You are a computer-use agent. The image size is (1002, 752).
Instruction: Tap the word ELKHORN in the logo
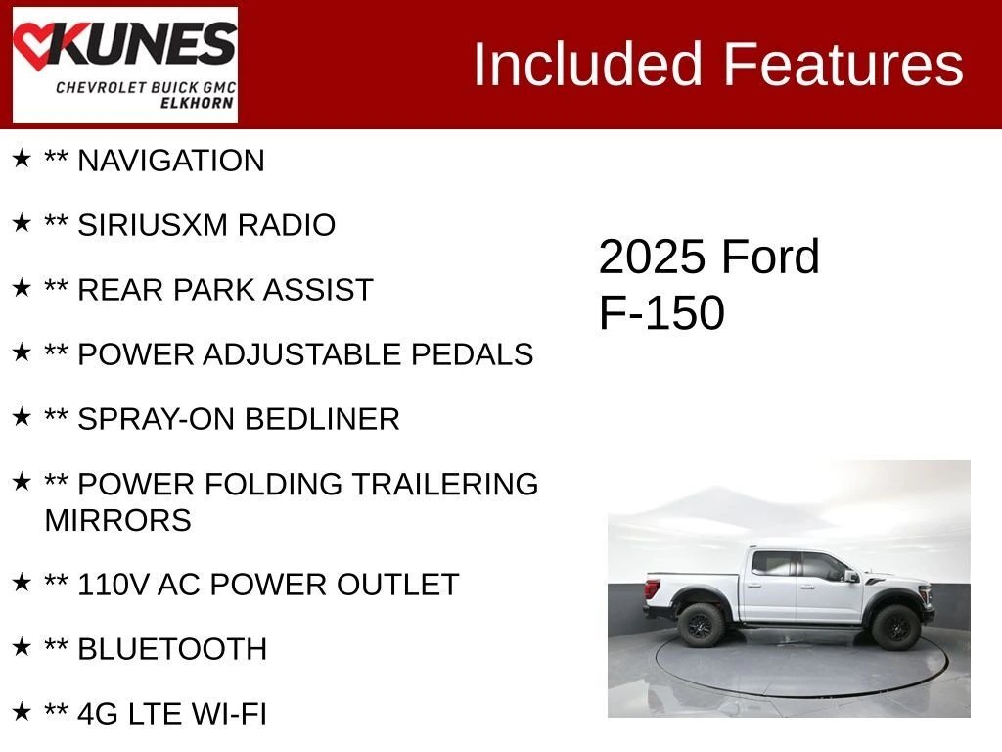coord(197,103)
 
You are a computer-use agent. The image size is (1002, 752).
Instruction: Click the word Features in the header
coord(843,64)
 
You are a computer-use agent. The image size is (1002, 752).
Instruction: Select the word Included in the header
coord(588,64)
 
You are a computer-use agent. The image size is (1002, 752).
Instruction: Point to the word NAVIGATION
coord(170,161)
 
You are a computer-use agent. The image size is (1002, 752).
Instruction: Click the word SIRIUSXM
coord(152,225)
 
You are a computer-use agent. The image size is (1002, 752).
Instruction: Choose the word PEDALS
coord(472,354)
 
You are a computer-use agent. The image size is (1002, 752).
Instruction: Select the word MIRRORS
coord(117,520)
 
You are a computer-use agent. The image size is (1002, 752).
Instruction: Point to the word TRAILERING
coord(445,484)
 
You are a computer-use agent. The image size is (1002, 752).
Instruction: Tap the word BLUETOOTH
coord(172,649)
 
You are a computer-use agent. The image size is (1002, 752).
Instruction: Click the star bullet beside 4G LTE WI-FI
coord(22,711)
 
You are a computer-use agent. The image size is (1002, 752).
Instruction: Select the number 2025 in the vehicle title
coord(652,258)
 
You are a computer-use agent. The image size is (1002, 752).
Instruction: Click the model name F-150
coord(661,312)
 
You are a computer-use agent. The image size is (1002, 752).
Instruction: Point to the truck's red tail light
coord(652,588)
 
